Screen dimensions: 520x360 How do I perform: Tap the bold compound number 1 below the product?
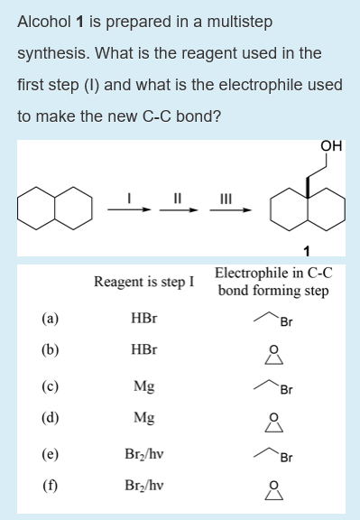[x=309, y=250]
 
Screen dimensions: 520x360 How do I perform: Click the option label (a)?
[x=51, y=318]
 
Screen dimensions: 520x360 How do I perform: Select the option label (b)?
[x=51, y=349]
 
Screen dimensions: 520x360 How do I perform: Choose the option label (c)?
[x=51, y=386]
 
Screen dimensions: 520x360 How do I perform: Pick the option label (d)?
[x=51, y=418]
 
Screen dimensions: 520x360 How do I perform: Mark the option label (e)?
[x=51, y=455]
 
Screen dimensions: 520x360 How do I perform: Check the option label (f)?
[x=51, y=487]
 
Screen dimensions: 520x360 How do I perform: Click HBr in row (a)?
[x=143, y=318]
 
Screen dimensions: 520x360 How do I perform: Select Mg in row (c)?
[x=143, y=386]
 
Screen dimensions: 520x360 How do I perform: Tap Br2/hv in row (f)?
[x=143, y=487]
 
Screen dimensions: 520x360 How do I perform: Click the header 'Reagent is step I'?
[x=143, y=283]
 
